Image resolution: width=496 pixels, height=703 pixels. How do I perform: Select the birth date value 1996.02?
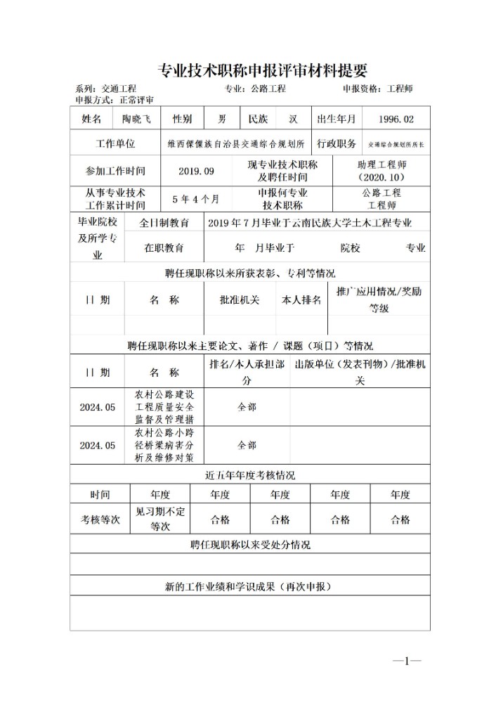396,119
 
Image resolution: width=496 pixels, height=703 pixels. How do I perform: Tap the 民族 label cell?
253,119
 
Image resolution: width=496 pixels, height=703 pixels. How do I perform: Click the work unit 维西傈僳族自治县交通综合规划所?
235,144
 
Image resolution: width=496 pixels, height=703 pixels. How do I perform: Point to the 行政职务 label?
337,144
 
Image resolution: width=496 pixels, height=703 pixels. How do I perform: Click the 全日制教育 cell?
164,223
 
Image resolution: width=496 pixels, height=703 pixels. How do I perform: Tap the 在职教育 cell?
164,247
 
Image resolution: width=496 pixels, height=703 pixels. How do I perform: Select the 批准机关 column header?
240,300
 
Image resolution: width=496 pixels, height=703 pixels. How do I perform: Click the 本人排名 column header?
301,300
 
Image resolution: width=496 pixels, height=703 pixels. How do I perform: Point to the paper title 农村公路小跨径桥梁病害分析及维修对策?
164,445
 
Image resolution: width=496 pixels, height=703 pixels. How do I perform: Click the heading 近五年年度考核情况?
249,475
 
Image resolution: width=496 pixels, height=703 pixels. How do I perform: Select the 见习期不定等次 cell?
160,520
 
